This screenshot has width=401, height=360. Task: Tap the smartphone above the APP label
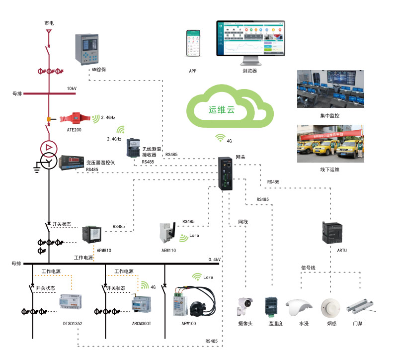[x=193, y=44]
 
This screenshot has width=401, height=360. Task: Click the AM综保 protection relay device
[x=87, y=49]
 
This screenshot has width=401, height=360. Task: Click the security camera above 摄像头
[x=245, y=305]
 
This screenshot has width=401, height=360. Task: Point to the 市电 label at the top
[x=49, y=23]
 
